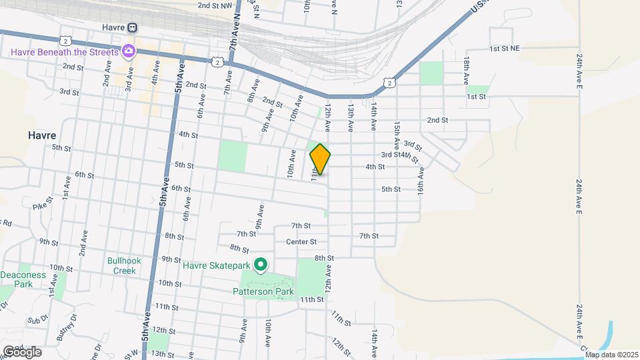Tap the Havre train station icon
[x=132, y=28]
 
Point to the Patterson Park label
[x=263, y=291]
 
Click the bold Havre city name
[x=42, y=135]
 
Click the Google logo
[x=23, y=351]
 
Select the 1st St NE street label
[x=508, y=49]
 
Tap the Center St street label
[x=301, y=241]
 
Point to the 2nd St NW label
[x=215, y=5]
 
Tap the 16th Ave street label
[x=421, y=180]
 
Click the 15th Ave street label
[x=396, y=135]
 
